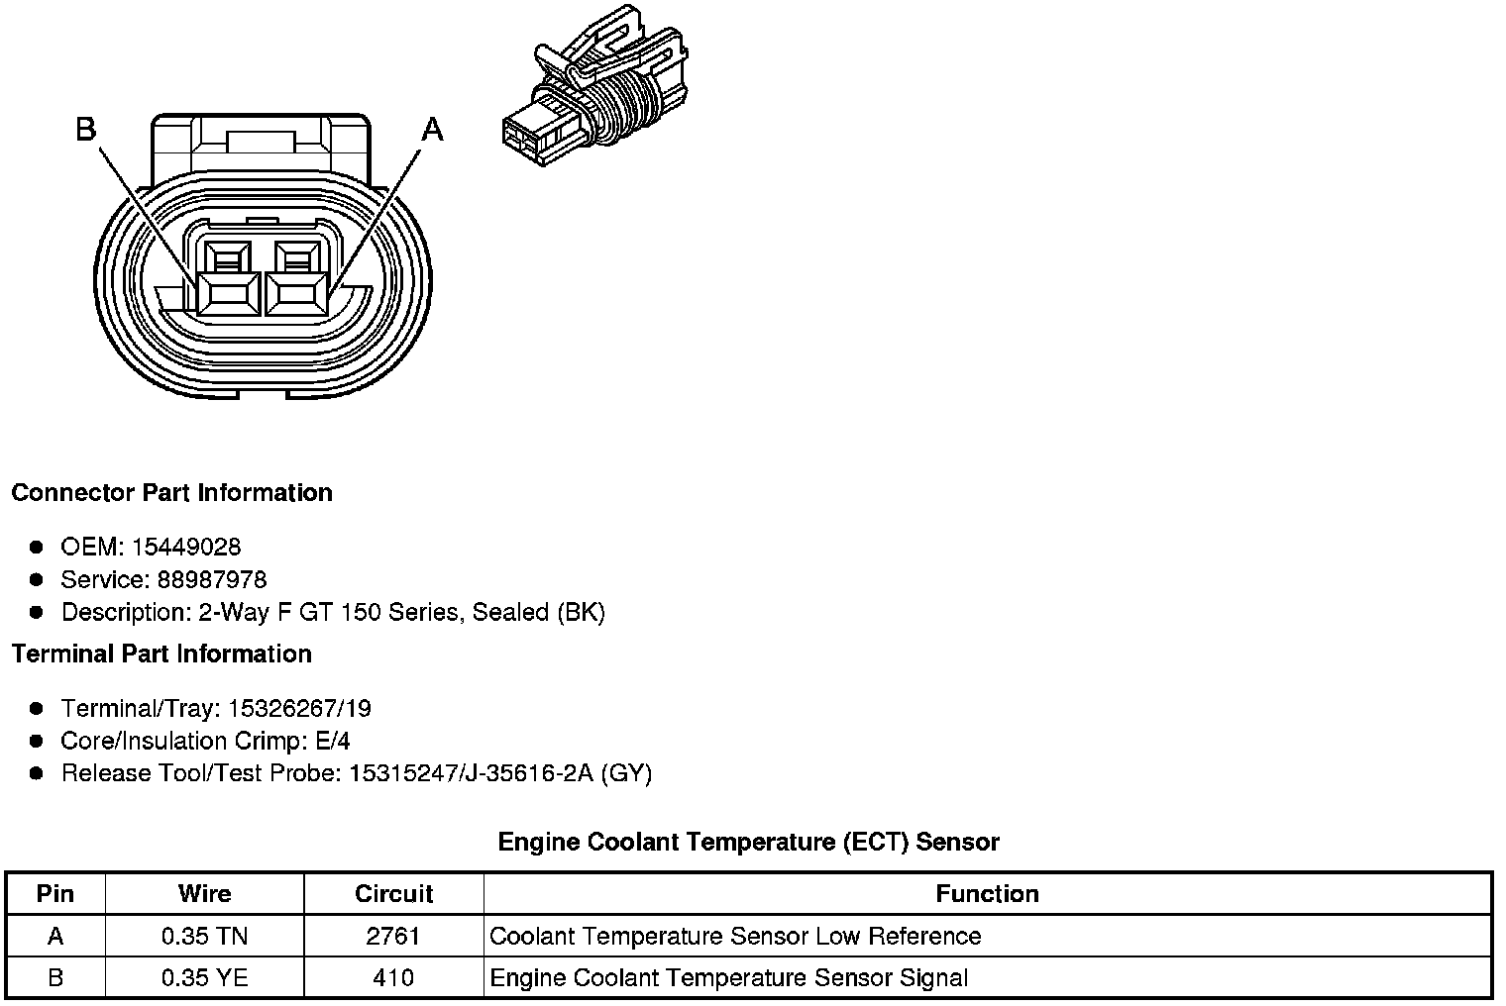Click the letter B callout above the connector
86,130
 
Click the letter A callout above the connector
433,130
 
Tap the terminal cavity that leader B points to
229,293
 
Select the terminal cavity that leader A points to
297,293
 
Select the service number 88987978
212,580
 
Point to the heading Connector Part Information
171,493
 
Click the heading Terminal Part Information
161,654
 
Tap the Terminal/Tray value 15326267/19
299,709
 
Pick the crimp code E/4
330,742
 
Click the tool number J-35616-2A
527,773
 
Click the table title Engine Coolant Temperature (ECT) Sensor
748,843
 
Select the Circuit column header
393,894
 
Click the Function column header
987,894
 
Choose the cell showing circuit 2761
393,937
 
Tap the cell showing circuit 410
393,978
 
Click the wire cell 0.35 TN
204,937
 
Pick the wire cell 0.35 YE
204,978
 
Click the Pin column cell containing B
55,978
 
